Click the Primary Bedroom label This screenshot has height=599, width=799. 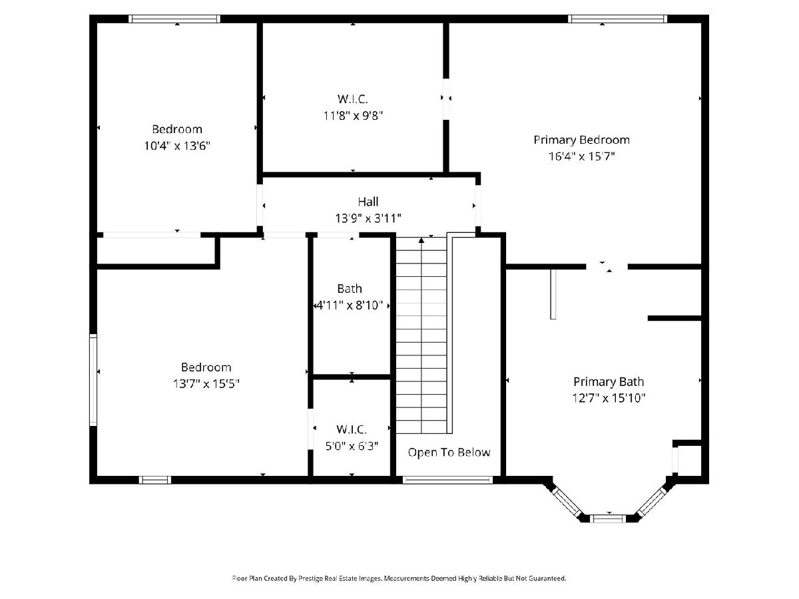click(x=581, y=140)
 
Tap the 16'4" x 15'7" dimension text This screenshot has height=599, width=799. click(x=582, y=156)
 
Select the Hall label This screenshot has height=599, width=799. click(x=368, y=202)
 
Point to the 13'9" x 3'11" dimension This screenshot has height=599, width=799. click(x=368, y=218)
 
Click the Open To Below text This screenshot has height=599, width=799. click(x=449, y=453)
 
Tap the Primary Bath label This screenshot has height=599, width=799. click(x=609, y=382)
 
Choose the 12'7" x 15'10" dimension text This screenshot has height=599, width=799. click(x=609, y=398)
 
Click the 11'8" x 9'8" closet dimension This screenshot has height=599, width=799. click(x=353, y=116)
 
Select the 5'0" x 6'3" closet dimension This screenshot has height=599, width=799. click(x=352, y=446)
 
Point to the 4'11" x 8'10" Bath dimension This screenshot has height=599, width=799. click(x=350, y=305)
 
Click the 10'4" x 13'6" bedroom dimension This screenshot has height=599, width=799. click(x=177, y=146)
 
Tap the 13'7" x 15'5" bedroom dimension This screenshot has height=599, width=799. click(x=206, y=384)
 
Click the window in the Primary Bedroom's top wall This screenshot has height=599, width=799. click(x=617, y=19)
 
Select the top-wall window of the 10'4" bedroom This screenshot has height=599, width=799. click(x=174, y=19)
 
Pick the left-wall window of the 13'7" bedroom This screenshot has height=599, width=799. click(x=94, y=380)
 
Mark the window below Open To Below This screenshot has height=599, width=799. click(x=447, y=480)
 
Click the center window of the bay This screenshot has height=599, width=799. click(x=608, y=518)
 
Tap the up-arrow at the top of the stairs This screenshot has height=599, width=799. click(x=421, y=240)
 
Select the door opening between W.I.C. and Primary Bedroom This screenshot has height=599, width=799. click(x=446, y=99)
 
